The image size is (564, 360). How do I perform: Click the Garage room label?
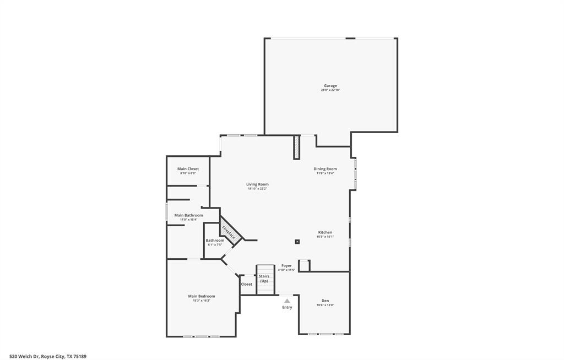point(330,86)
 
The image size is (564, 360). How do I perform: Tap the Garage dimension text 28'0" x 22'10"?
point(330,90)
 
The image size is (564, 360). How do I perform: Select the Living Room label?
point(257,184)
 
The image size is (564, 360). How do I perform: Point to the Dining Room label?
point(325,169)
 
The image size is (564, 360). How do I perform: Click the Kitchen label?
point(325,232)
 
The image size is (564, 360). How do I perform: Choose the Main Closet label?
point(188,169)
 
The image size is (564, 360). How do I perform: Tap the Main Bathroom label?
point(188,215)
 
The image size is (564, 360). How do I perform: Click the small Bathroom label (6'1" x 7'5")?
point(215,241)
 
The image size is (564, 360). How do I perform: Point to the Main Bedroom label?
point(202,296)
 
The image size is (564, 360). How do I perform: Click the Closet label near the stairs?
point(247,284)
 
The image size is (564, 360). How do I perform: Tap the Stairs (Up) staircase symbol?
point(265,279)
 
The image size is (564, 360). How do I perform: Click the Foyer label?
point(286,266)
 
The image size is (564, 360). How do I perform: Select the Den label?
point(325,301)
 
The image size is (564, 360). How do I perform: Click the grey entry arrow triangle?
point(287,301)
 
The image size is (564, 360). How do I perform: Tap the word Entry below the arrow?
point(287,307)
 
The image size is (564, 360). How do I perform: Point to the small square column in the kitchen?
point(297,241)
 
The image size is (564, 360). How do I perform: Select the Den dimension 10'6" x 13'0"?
point(325,305)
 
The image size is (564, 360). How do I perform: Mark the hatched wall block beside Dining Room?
point(296,147)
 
